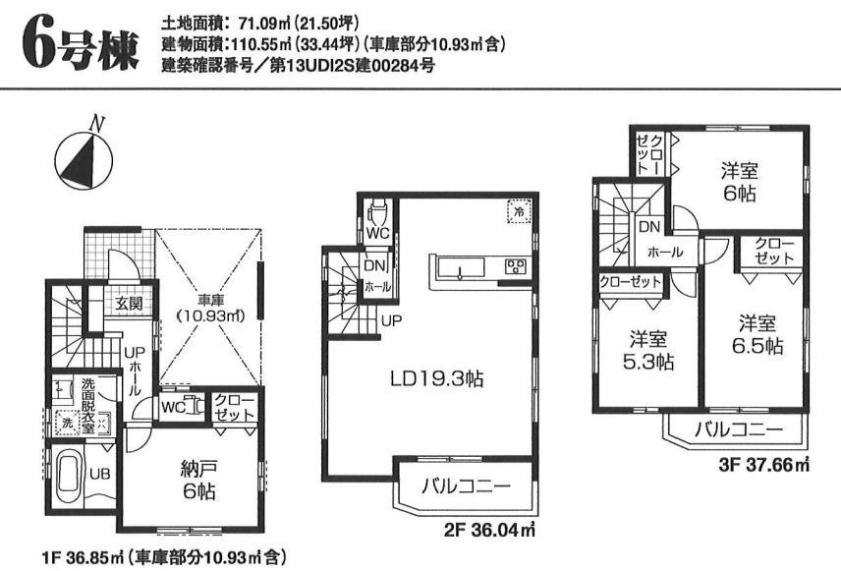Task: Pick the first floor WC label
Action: [174, 407]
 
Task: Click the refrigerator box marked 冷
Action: [517, 209]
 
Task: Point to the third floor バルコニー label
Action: [738, 428]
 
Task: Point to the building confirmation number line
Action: [294, 66]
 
